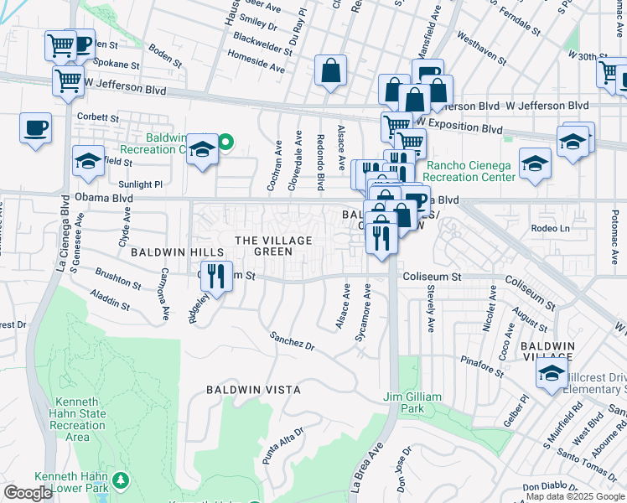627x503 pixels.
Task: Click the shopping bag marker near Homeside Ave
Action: point(331,70)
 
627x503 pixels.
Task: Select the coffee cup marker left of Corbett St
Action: point(35,128)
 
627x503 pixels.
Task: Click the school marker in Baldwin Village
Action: point(552,375)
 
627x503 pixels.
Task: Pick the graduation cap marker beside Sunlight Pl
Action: point(88,159)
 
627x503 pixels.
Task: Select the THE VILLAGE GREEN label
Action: point(273,246)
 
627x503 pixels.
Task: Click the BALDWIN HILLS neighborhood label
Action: point(176,251)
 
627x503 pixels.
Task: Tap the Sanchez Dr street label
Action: point(291,341)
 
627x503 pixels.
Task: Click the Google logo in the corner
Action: point(28,492)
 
